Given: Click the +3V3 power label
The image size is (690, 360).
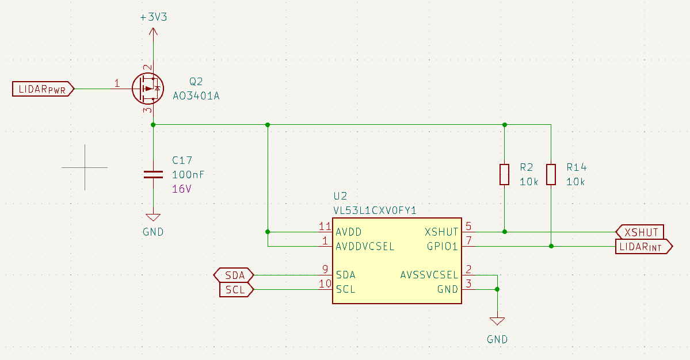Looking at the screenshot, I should pos(153,17).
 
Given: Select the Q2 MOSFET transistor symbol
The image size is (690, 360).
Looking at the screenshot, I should pos(147,89).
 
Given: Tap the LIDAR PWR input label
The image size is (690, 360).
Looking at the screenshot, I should pos(43,89).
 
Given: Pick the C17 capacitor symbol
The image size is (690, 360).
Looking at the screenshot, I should pos(153,175).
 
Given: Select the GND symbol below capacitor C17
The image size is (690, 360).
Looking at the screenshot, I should pos(153,218).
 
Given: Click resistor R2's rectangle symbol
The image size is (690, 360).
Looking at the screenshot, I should pos(504,174).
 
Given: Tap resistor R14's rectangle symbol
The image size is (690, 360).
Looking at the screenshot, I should pos(551,174).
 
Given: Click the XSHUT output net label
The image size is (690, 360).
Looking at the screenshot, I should pos(641,232).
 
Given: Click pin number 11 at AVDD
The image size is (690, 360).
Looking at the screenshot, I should pos(325,226).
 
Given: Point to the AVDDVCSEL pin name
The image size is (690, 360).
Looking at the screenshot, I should pos(365,247).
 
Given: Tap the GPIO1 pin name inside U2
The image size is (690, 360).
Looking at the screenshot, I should pos(442,247).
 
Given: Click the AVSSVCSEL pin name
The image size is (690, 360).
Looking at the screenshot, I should pos(429,275).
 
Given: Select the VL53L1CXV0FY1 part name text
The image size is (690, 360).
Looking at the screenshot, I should pos(375,210).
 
